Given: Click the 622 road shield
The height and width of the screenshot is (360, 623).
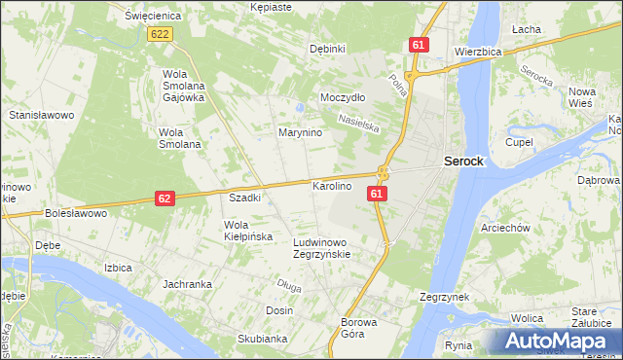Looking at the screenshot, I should click(162, 34).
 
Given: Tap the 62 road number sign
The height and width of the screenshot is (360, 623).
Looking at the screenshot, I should click(165, 198).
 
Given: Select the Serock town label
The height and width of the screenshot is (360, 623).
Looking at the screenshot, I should click(463, 162).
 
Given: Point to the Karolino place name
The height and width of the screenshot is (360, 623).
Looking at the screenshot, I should click(331, 185).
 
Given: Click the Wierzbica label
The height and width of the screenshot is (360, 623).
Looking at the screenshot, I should click(478, 52).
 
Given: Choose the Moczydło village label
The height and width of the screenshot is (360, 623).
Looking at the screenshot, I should click(343, 98).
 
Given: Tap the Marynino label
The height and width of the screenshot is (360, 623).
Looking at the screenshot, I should click(300, 132).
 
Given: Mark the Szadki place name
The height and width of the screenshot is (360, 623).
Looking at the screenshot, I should click(244, 198).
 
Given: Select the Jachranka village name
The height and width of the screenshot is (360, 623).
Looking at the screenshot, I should click(188, 284).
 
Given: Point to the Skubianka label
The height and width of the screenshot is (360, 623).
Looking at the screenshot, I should click(262, 339).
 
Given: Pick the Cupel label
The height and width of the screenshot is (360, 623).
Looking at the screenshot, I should click(519, 141).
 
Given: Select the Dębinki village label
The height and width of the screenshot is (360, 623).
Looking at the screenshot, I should click(327, 49).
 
